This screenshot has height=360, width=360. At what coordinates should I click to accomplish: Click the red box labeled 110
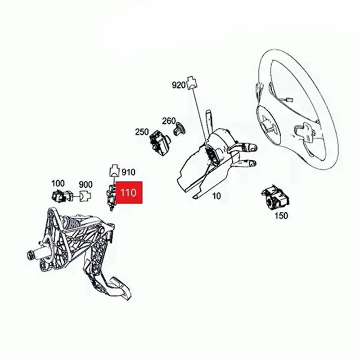click(129, 193)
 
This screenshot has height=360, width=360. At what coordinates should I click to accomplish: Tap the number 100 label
click(58, 184)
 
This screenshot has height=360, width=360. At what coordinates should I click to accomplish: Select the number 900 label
click(85, 184)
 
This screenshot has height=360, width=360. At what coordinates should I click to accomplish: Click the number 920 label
click(179, 85)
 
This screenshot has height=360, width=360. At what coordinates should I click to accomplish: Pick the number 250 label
click(142, 132)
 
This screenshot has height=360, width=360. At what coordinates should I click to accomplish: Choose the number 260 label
click(169, 121)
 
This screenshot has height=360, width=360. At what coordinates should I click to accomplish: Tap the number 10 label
click(217, 196)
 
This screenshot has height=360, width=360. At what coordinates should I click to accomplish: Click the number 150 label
click(281, 216)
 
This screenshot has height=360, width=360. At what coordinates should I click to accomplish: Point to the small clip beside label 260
click(178, 129)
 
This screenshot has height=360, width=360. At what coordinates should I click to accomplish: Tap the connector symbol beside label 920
click(192, 81)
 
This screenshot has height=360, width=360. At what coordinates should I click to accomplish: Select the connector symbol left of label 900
click(85, 196)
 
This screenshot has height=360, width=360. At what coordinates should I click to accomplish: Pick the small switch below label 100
click(61, 196)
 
